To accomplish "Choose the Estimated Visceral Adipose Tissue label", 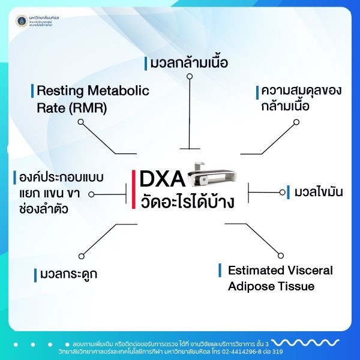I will [280, 278].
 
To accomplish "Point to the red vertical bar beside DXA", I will [134, 189].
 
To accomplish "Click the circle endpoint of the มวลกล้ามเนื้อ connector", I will [190, 77].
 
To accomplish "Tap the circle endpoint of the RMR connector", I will [81, 122].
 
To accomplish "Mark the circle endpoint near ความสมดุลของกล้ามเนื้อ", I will [296, 122].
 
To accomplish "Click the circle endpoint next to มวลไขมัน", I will [283, 193].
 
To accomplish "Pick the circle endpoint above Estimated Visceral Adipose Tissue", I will [280, 256].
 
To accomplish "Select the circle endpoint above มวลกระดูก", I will [81, 256].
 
